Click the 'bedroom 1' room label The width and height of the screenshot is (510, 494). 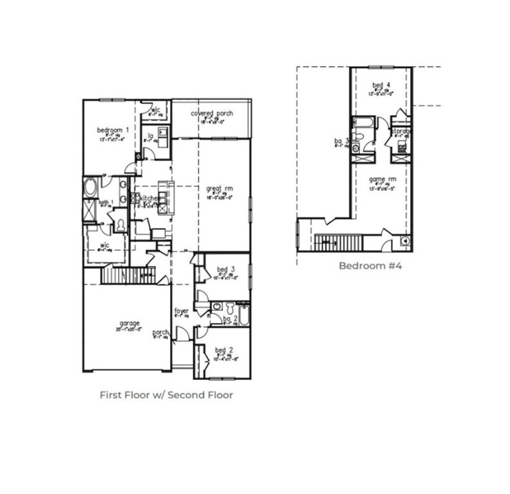point(113,130)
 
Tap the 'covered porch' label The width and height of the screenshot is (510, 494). point(212,113)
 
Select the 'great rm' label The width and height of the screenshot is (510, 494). point(219,189)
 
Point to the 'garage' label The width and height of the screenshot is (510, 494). point(129,323)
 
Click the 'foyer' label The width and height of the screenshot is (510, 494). point(181,311)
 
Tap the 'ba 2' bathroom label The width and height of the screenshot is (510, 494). point(230,319)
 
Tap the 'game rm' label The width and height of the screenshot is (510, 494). point(382,179)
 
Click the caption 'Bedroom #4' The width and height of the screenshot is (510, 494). point(370,266)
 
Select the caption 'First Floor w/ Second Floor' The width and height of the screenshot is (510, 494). point(166,395)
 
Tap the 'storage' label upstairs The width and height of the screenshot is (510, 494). point(401,131)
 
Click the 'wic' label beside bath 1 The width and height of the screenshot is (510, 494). point(105,245)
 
